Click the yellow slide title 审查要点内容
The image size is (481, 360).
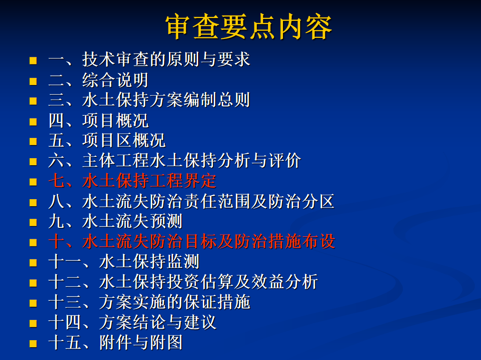pyautogui.click(x=249, y=27)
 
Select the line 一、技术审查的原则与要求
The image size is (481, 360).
pyautogui.click(x=149, y=59)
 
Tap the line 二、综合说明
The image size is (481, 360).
pyautogui.click(x=99, y=80)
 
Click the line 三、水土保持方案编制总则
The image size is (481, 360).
pyautogui.click(x=149, y=100)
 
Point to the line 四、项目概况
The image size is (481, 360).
pyautogui.click(x=99, y=120)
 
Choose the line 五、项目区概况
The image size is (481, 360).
pyautogui.click(x=107, y=141)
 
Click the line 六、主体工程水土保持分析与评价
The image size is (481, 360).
pyautogui.click(x=175, y=160)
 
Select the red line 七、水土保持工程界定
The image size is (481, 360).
pyautogui.click(x=132, y=181)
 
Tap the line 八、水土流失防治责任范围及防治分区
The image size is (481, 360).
pyautogui.click(x=191, y=201)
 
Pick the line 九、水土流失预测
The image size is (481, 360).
pyautogui.click(x=115, y=222)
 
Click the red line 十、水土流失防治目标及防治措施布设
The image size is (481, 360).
pyautogui.click(x=192, y=241)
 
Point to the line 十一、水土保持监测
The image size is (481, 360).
pyautogui.click(x=124, y=262)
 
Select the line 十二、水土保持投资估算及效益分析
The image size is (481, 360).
pyautogui.click(x=183, y=282)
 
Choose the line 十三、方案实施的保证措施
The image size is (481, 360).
pyautogui.click(x=149, y=302)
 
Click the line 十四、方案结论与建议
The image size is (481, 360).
pyautogui.click(x=132, y=322)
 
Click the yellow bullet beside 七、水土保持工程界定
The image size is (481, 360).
pyautogui.click(x=33, y=182)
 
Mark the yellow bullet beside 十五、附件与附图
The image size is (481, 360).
pyautogui.click(x=33, y=344)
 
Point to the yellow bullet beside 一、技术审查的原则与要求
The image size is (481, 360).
pyautogui.click(x=33, y=60)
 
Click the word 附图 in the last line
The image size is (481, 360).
pyautogui.click(x=166, y=342)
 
